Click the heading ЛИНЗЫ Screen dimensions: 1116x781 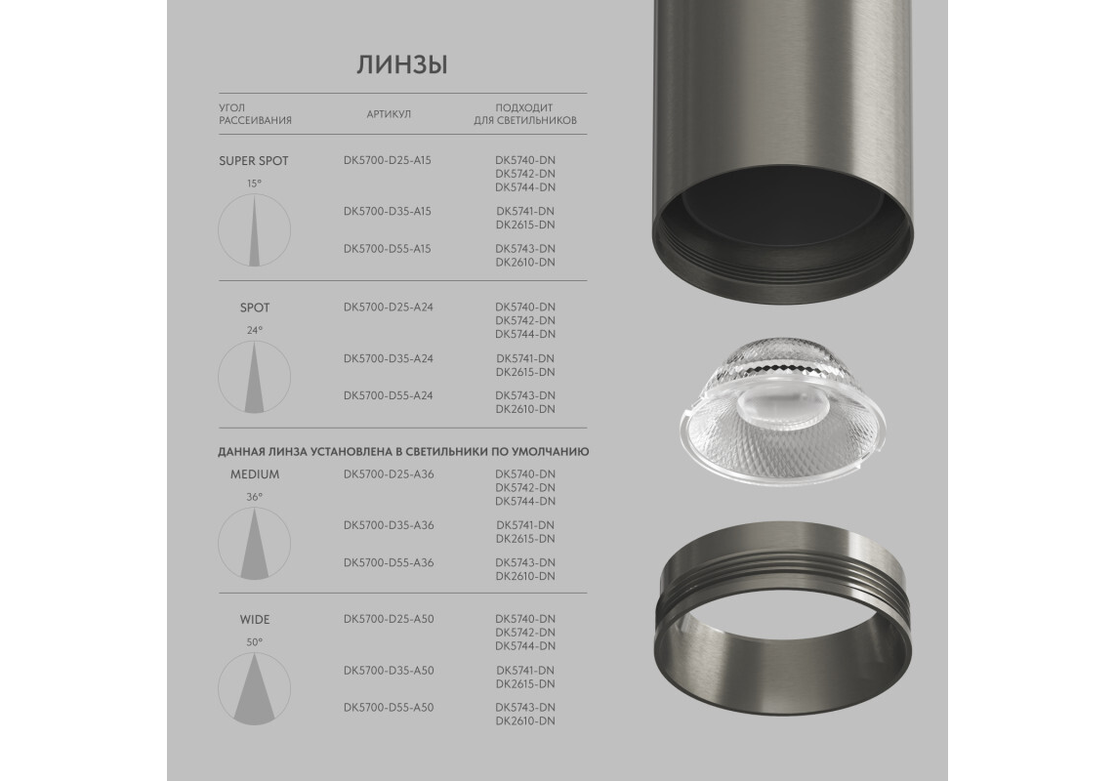click(x=402, y=65)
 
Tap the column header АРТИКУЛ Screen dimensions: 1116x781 click(x=389, y=114)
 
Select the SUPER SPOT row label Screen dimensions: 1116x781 click(x=254, y=161)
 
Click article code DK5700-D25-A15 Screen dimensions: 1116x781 click(x=388, y=160)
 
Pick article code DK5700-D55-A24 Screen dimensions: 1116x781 click(x=388, y=395)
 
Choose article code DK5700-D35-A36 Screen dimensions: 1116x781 click(x=389, y=525)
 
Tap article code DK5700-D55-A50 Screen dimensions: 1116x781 click(x=389, y=707)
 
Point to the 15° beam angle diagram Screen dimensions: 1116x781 click(x=254, y=230)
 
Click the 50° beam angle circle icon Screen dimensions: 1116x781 click(x=254, y=688)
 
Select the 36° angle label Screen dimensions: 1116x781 click(x=254, y=497)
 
